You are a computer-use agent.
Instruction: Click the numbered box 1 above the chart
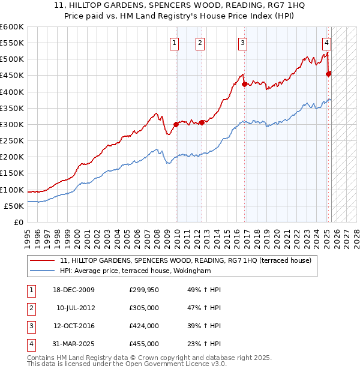[174, 43]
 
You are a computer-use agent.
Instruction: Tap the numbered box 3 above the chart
[242, 43]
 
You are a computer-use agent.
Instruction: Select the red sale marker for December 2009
[176, 125]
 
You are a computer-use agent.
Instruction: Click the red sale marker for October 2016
[244, 85]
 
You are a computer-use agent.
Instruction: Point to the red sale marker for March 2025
[328, 74]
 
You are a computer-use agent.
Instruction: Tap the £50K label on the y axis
[14, 206]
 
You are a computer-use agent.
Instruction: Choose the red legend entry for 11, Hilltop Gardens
[185, 261]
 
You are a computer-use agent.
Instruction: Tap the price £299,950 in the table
[144, 290]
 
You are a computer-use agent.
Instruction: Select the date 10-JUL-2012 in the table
[76, 308]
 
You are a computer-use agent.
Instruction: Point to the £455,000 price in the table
[144, 344]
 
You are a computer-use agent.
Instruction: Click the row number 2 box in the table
[31, 308]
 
